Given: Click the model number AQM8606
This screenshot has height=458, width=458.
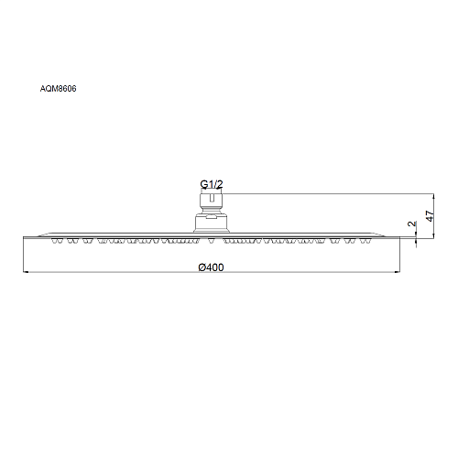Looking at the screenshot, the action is pos(58,89).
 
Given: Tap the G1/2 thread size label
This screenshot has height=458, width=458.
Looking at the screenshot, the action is pos(212,184).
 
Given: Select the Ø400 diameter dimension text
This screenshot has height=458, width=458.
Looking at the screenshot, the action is pos(211,267).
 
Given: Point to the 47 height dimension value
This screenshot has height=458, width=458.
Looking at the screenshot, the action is pos(430,216).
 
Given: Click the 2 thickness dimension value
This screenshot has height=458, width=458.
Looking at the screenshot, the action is pos(412,224).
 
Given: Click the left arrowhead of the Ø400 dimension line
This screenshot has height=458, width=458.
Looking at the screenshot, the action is pos(26,272).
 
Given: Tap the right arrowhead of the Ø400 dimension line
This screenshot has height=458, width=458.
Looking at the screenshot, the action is pos(398,272).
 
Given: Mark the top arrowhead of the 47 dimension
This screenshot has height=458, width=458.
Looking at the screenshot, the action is pos(433,196).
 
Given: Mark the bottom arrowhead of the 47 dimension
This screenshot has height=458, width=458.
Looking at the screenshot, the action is pos(433,235).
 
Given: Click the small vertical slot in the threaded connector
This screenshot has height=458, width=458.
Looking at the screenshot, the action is pos(212,199).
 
